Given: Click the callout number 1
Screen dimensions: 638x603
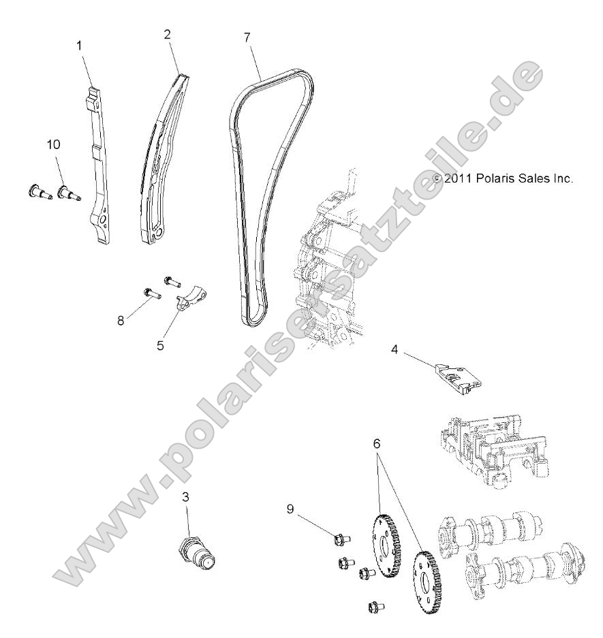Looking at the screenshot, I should [79, 46].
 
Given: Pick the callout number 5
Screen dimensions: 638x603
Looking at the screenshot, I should [160, 345].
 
